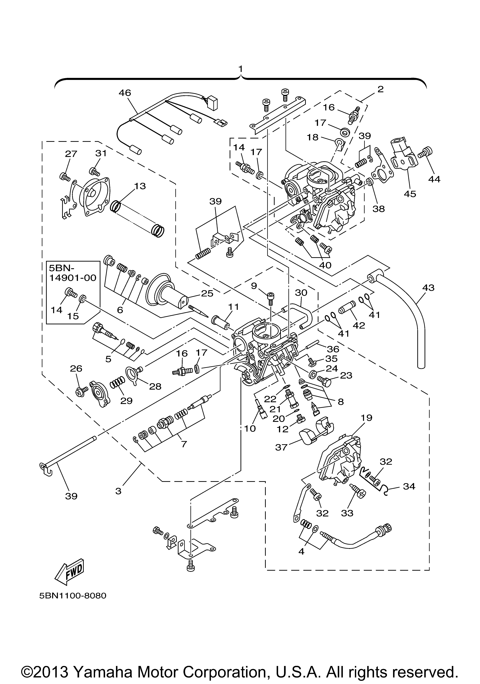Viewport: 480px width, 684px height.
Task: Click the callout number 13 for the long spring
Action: tap(140, 186)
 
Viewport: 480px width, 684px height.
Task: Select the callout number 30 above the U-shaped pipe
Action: tap(301, 293)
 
